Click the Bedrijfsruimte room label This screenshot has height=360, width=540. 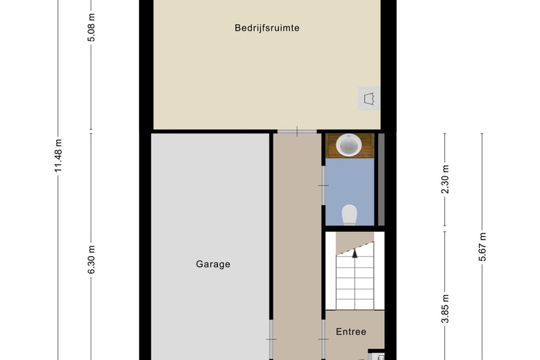pos(267,28)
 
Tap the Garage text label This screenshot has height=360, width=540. pos(213,264)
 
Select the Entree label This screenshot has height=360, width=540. pos(351,332)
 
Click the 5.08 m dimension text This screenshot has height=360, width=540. pos(91,28)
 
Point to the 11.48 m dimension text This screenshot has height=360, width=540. pos(60,156)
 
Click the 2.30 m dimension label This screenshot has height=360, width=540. pos(445,179)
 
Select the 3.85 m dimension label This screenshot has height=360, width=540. pos(445,309)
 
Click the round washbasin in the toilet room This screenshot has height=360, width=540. pos(349,145)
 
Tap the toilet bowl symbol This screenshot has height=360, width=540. pos(350,215)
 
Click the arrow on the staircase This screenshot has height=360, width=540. pos(354,253)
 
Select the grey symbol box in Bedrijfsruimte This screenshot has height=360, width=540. pos(370,98)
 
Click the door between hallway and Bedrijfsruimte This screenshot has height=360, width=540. pos(297,131)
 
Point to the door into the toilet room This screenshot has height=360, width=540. pos(323,185)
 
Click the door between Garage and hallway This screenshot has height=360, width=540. pos(270,339)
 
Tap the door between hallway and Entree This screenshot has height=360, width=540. pos(323,339)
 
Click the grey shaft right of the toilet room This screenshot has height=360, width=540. pos(380,179)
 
